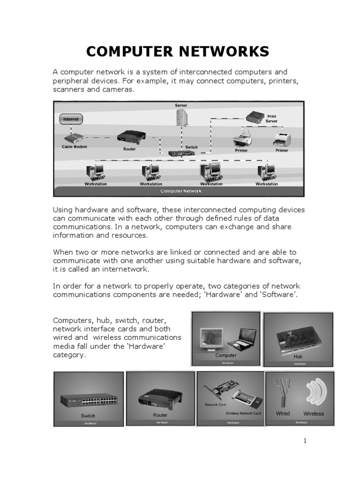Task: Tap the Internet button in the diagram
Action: pos(71,119)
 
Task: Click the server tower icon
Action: pos(182,118)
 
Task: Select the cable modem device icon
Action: pos(74,138)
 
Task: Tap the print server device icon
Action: pos(255,117)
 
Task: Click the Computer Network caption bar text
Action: pos(181,191)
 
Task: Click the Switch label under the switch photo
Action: pos(88,415)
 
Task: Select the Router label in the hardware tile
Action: pos(160,415)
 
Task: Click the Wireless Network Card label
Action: pos(243,413)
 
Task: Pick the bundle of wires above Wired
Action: pos(284,393)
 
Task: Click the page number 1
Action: pos(304,441)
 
